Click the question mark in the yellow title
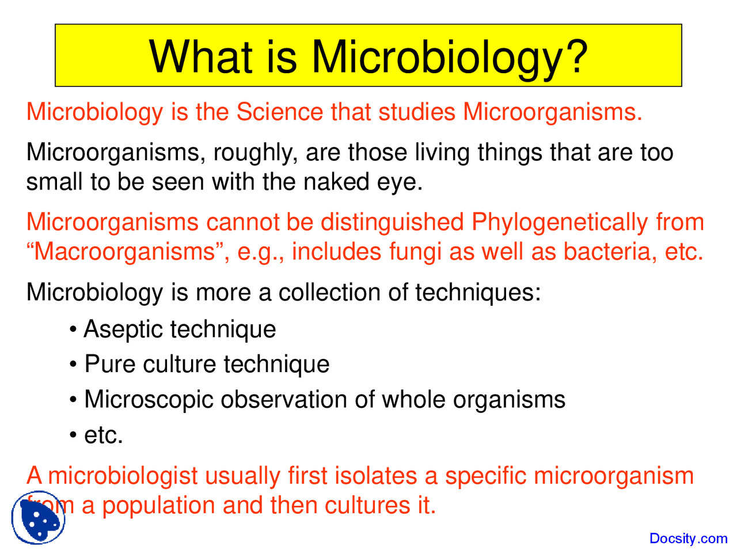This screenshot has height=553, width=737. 576,56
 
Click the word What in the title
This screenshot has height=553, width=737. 200,56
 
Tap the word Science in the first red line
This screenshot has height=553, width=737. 279,112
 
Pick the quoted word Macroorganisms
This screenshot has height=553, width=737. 124,252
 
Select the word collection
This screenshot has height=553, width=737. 329,293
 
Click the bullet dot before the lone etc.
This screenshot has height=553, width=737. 73,435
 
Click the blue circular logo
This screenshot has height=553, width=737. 38,518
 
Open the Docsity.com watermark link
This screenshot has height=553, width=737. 688,539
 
